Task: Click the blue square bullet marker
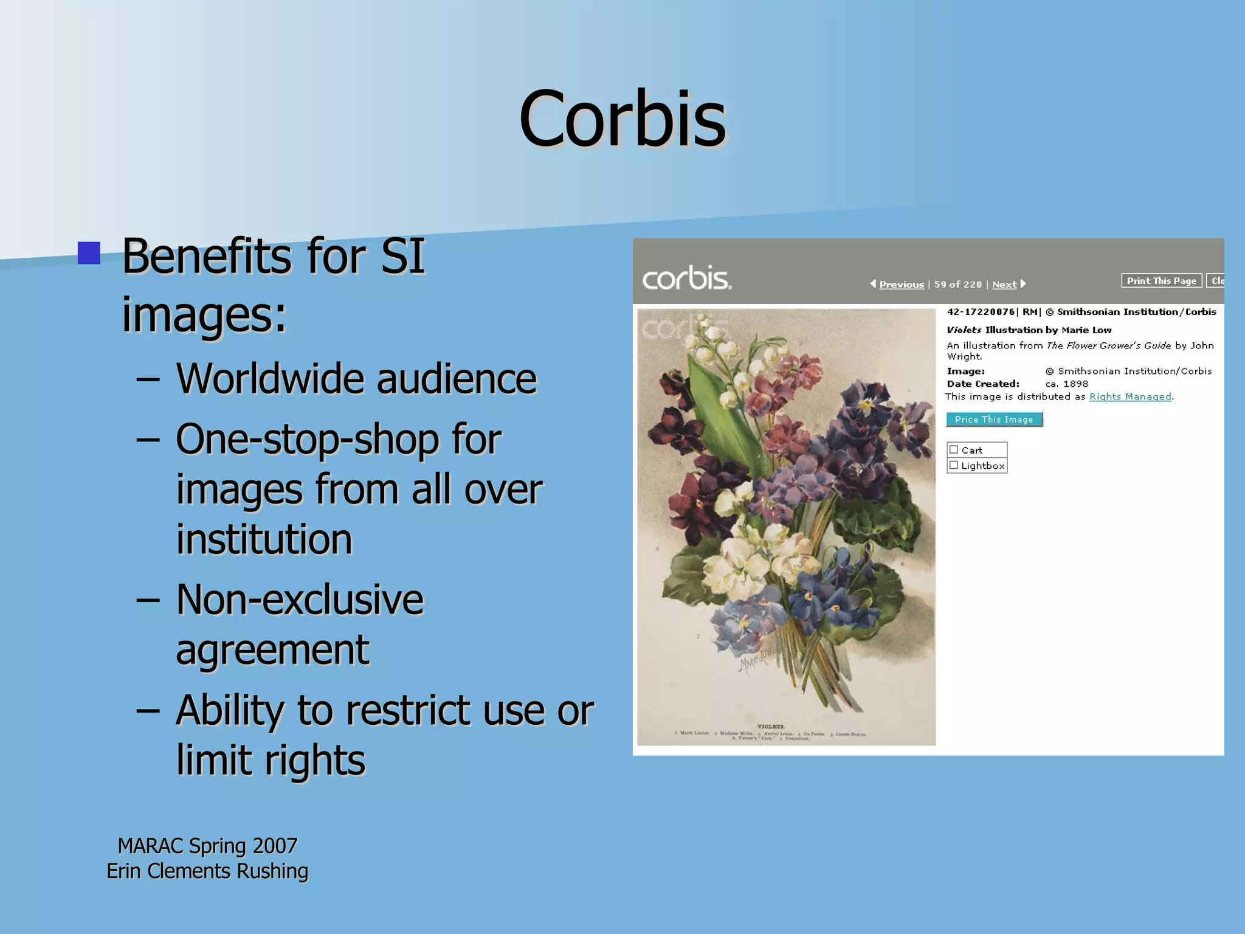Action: point(89,253)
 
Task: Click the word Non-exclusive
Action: point(299,600)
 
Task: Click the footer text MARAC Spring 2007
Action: point(207,846)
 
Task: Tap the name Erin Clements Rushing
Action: point(207,871)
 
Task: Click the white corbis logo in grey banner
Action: point(686,279)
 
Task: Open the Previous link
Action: point(901,285)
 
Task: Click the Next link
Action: point(1004,285)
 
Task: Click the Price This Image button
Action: point(994,420)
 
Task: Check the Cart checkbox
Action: point(954,450)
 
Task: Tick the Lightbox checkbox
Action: point(954,466)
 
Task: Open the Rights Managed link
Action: point(1130,397)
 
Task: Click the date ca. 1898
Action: point(1066,384)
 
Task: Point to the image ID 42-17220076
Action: point(980,312)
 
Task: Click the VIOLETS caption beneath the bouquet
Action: point(771,727)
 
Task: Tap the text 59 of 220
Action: point(957,285)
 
